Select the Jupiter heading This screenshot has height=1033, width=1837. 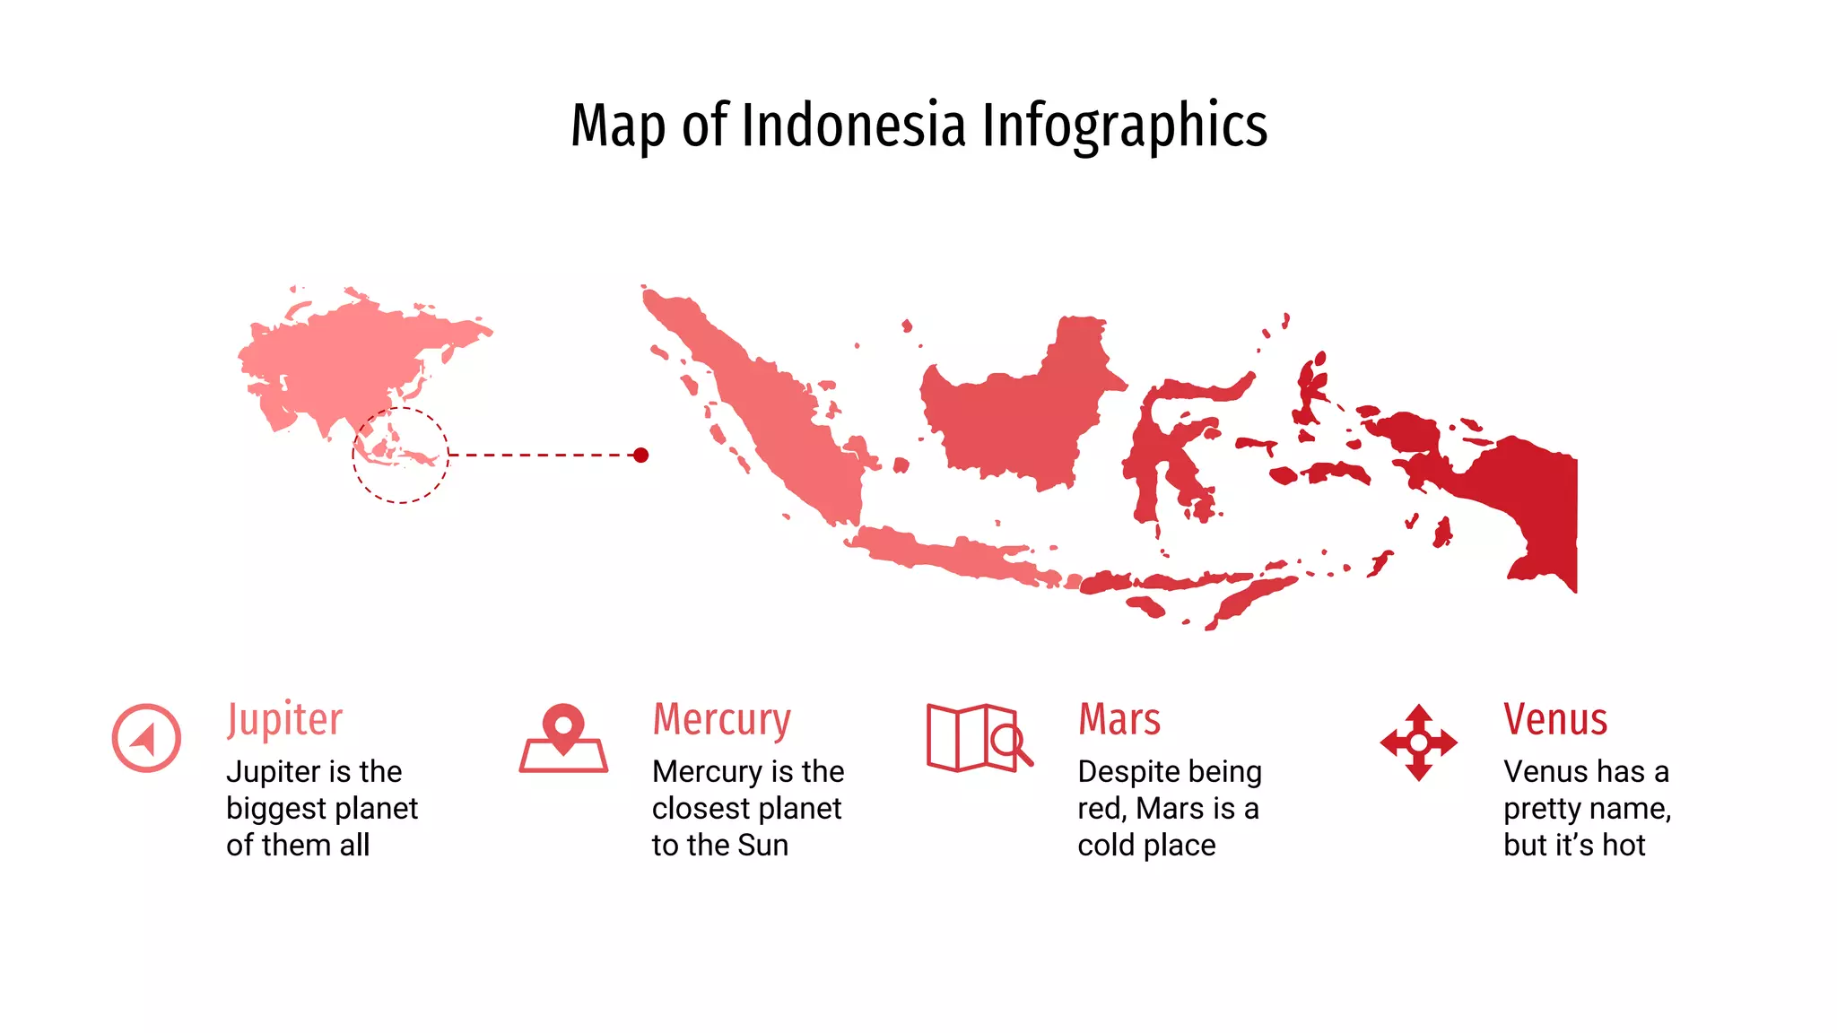pos(284,719)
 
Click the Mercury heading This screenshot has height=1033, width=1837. pos(721,719)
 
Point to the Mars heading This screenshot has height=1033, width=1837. pos(1119,719)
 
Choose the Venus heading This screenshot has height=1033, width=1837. pos(1555,719)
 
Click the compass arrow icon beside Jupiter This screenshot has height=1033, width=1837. pos(146,738)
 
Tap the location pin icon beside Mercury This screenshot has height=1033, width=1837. pos(563,738)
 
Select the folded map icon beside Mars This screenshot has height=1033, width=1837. pos(979,738)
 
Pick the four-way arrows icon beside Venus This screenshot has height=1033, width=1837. pos(1418,742)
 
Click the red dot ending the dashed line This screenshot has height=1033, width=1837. pos(640,456)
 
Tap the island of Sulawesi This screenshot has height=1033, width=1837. pos(1157,448)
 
